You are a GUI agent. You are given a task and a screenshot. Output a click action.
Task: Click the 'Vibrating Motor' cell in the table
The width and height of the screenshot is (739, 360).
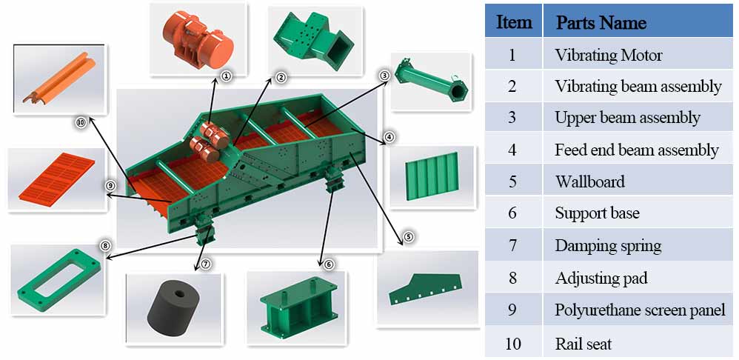(608, 55)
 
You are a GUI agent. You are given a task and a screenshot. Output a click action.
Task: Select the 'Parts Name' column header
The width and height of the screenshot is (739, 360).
(601, 22)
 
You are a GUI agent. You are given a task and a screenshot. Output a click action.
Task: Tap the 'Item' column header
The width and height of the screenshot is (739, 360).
(513, 22)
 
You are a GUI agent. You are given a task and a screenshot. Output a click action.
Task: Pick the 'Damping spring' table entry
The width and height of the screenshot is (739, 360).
(608, 246)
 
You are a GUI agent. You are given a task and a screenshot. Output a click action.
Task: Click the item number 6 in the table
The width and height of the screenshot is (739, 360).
(513, 213)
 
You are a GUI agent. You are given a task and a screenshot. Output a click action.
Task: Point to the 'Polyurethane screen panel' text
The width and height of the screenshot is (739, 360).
(640, 310)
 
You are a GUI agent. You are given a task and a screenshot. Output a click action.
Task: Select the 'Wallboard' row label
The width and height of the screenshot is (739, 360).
(589, 181)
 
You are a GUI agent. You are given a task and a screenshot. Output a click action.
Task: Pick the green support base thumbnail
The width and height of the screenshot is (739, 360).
(295, 305)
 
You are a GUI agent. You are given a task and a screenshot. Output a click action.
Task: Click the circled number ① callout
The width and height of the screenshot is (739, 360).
(227, 76)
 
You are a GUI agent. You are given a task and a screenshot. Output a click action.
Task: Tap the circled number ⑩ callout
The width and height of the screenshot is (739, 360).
(81, 123)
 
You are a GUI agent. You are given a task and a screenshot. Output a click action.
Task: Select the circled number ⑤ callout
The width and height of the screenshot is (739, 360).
(408, 238)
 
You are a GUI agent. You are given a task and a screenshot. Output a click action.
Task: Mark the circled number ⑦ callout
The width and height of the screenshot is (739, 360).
(206, 263)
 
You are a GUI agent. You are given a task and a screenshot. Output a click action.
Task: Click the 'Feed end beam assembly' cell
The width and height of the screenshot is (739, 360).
(636, 150)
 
